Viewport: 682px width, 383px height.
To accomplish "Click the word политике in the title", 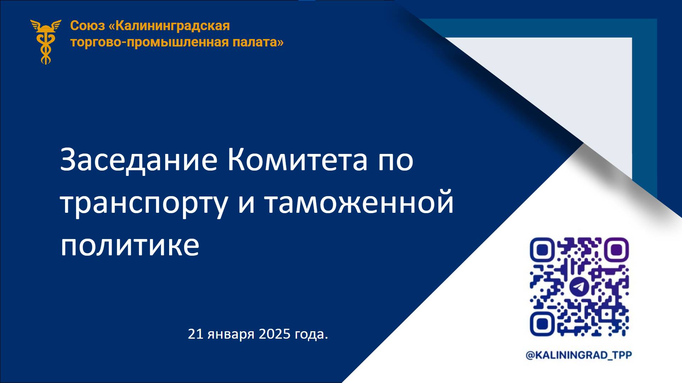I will [x=130, y=245].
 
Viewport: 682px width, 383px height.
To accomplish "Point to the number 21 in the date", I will [x=195, y=334].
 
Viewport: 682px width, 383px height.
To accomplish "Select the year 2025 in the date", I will [x=275, y=334].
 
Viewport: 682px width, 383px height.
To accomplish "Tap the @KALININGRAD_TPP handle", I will [x=579, y=355].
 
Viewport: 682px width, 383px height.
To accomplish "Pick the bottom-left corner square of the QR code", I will [x=541, y=324].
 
